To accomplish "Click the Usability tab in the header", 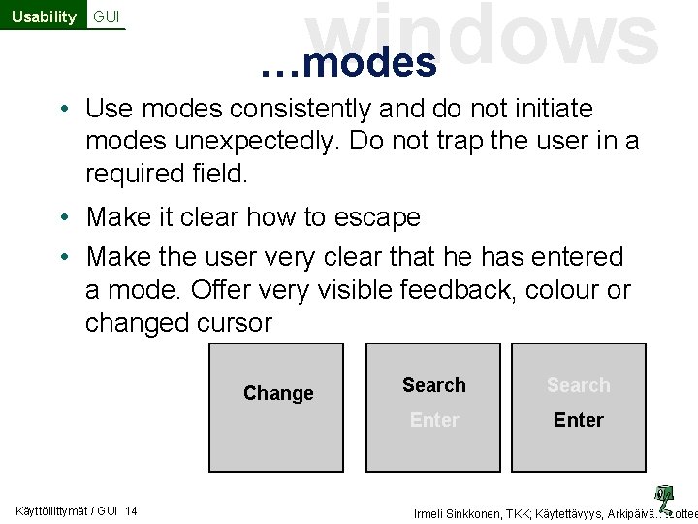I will [x=44, y=16].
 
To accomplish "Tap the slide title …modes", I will [x=349, y=62].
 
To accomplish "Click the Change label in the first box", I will [x=278, y=393].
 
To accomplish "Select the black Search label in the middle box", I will [x=434, y=385].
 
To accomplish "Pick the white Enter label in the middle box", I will [x=434, y=420].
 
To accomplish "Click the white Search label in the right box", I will [x=579, y=385].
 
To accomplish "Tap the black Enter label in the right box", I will [x=579, y=420].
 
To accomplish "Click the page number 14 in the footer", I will [x=131, y=511].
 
